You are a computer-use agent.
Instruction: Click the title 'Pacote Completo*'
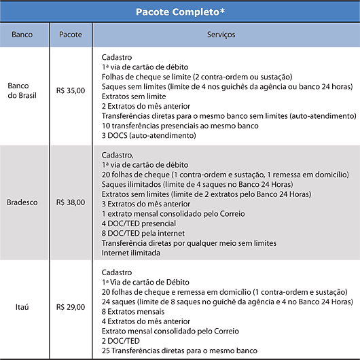(180, 12)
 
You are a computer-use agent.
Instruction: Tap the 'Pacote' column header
(71, 33)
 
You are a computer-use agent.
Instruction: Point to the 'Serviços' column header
(226, 33)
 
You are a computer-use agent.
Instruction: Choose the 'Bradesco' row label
(25, 202)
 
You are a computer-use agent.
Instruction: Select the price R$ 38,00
(71, 202)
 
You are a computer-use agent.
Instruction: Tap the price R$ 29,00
(71, 306)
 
